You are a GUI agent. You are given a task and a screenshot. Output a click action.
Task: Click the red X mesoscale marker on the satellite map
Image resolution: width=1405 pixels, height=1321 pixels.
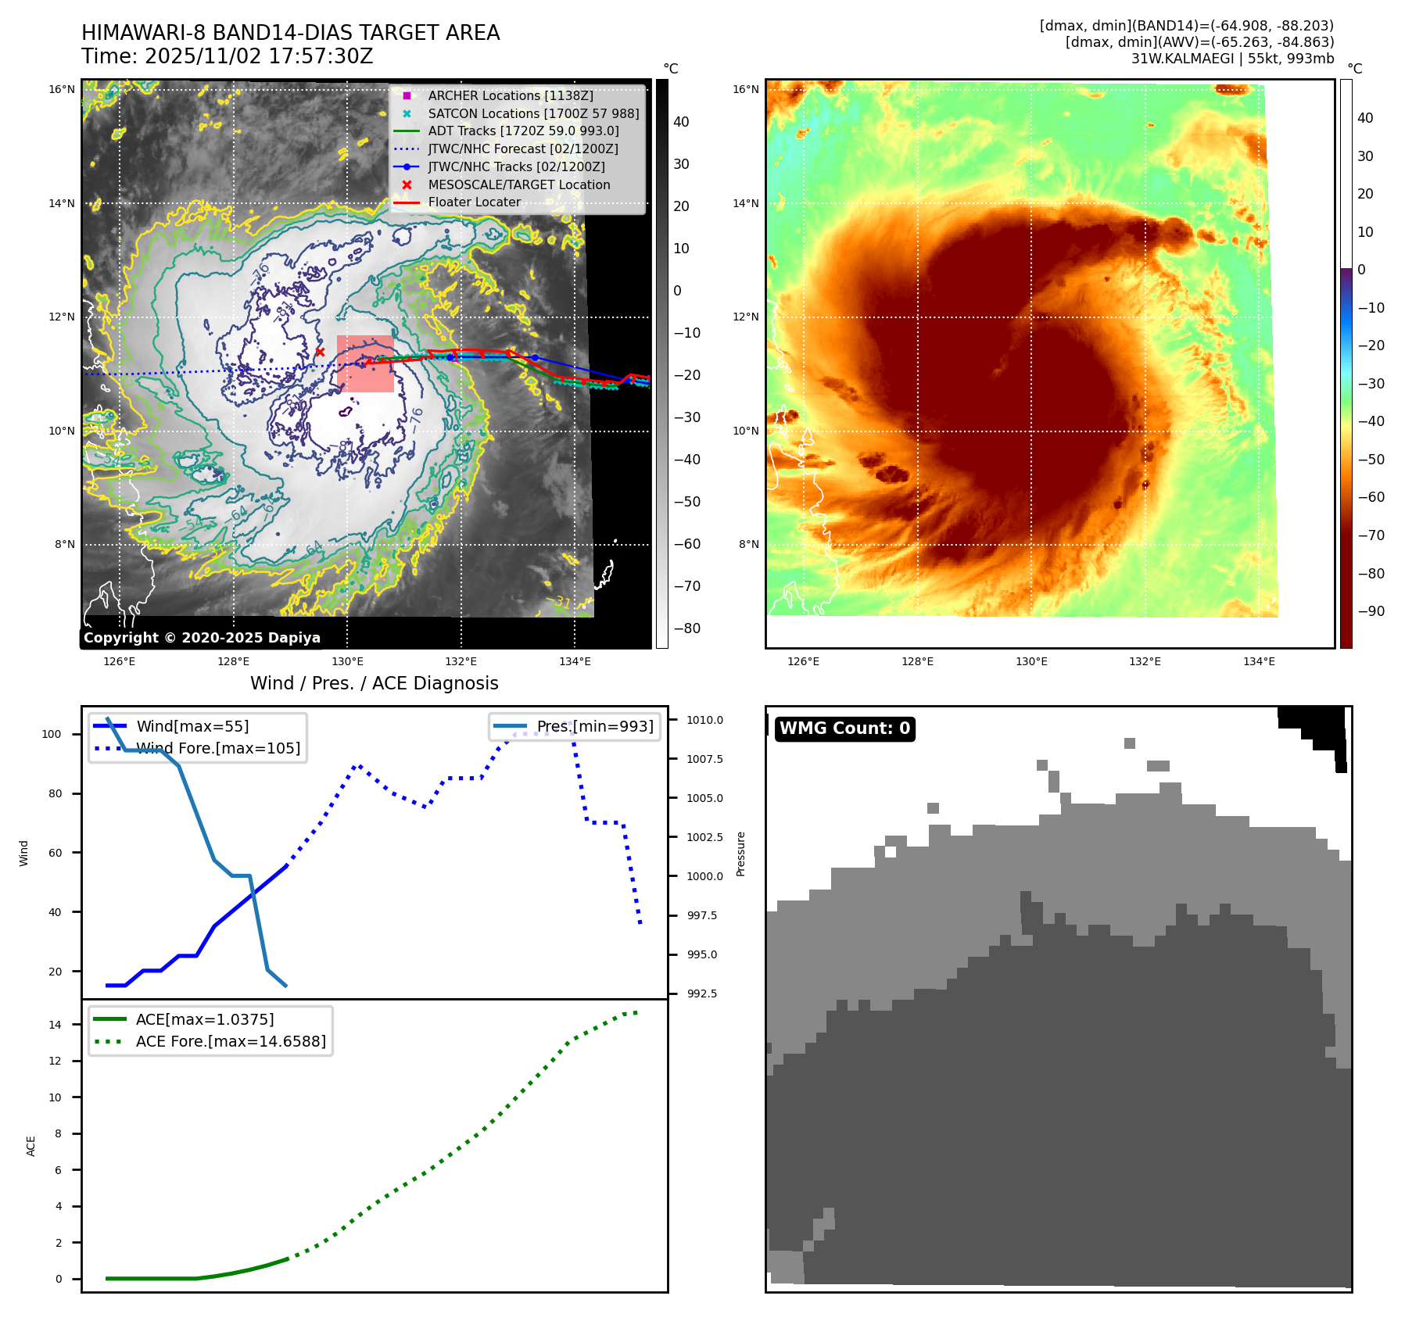tap(319, 352)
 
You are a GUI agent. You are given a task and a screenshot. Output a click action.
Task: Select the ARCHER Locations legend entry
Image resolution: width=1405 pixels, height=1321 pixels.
tap(510, 95)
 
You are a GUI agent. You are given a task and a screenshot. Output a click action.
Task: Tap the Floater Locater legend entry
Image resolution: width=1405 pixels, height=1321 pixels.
tap(474, 202)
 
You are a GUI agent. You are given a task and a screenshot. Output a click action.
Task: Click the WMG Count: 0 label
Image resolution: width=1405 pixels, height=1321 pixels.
tap(844, 729)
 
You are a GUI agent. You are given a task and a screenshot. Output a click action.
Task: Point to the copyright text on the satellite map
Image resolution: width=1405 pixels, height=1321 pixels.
tap(202, 638)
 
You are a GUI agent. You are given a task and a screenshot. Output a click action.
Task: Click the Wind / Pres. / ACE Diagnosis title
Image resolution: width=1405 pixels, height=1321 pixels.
tap(374, 683)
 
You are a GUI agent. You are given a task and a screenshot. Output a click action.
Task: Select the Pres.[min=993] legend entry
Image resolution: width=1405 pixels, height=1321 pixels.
tap(594, 726)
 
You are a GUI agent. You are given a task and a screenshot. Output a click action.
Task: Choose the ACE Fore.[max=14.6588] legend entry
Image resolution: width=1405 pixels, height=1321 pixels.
tap(231, 1041)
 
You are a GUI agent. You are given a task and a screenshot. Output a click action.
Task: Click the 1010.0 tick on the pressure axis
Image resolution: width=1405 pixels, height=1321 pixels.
tap(704, 720)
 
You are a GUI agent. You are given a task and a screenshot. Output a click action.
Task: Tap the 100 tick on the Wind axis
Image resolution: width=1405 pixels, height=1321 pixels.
tap(52, 734)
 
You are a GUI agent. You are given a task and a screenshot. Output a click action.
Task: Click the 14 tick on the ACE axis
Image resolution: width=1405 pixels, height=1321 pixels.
tap(55, 1025)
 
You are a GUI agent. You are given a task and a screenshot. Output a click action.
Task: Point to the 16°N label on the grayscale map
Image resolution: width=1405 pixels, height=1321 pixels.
tap(62, 89)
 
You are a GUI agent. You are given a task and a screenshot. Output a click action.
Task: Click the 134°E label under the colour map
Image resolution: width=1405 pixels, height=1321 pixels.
tap(1259, 661)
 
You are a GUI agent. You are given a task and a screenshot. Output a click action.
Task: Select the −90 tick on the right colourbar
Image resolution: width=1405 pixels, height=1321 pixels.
tap(1371, 611)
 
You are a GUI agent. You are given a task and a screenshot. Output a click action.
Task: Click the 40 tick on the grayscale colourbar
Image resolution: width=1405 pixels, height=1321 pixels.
tap(681, 122)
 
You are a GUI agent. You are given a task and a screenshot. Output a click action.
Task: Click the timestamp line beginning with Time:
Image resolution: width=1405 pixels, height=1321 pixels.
tap(227, 56)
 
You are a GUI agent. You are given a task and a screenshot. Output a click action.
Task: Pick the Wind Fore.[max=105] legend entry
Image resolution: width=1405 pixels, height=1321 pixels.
tap(218, 748)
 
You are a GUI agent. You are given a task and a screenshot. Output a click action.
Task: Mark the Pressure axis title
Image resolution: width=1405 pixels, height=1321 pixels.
tap(740, 854)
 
